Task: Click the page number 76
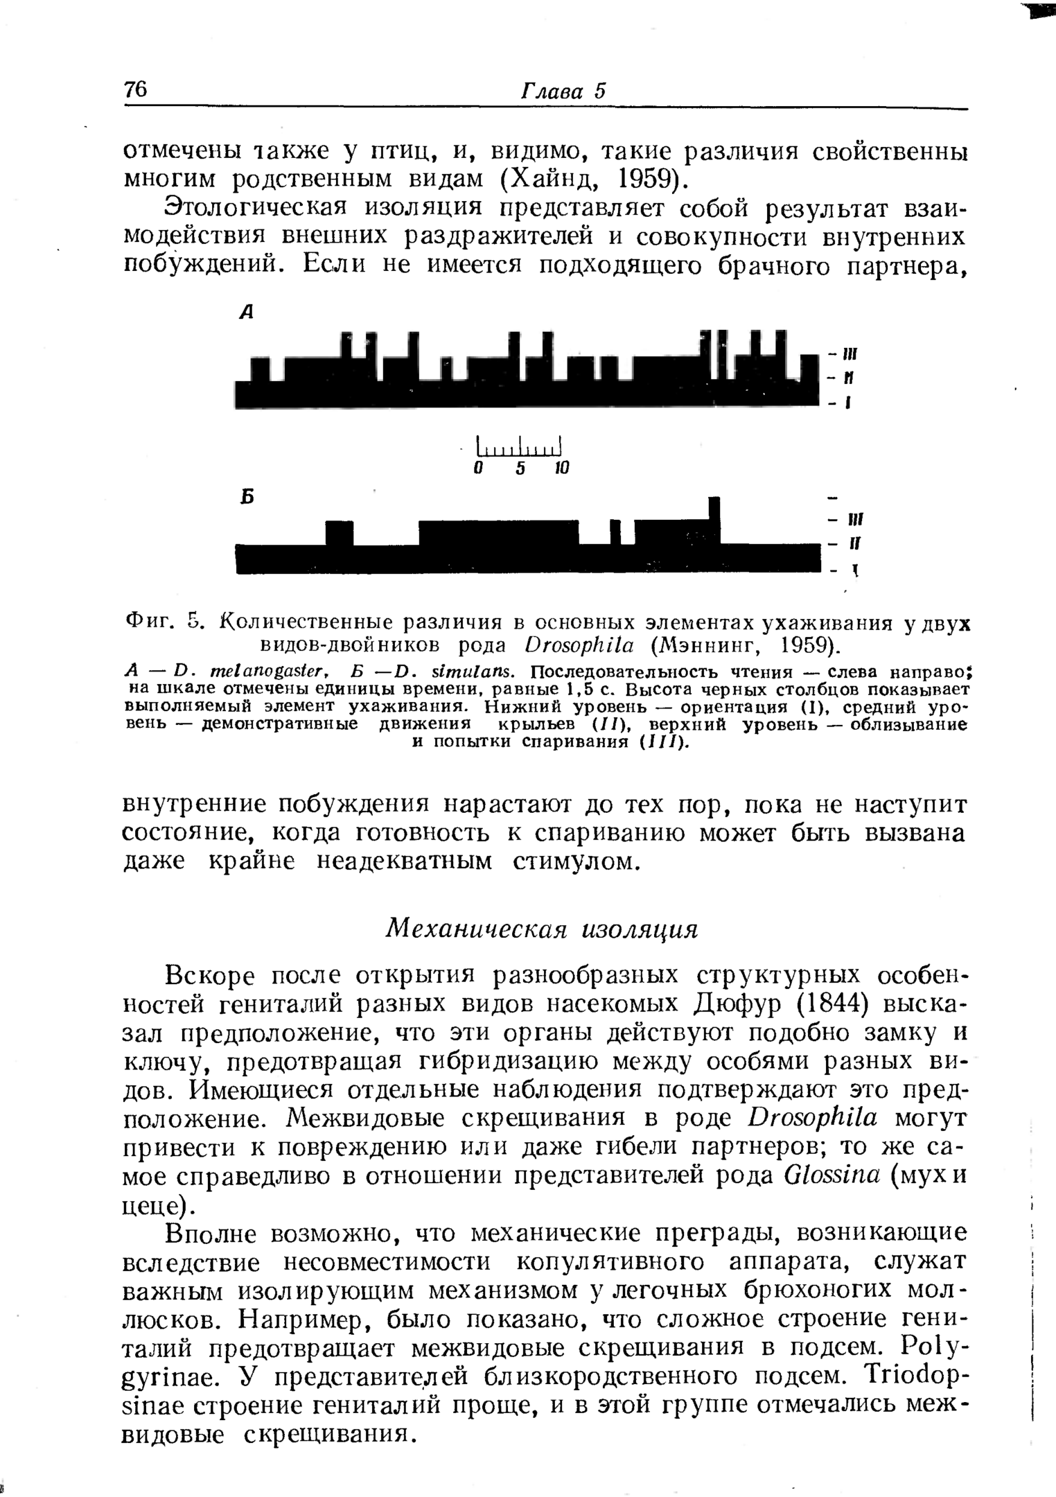pyautogui.click(x=136, y=91)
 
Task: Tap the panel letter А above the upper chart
pyautogui.click(x=246, y=313)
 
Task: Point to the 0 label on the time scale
pyautogui.click(x=477, y=469)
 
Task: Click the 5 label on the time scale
pyautogui.click(x=521, y=469)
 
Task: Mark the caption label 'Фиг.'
pyautogui.click(x=154, y=622)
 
